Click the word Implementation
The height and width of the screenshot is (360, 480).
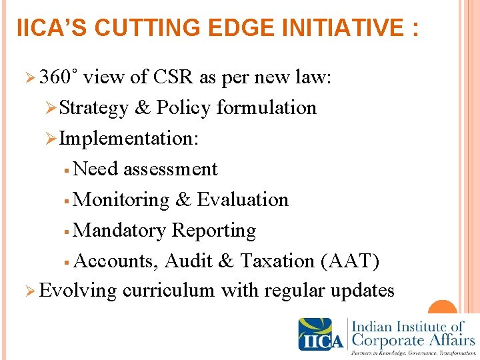click(128, 139)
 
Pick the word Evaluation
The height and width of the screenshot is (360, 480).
click(243, 200)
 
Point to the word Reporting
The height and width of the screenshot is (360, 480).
click(214, 231)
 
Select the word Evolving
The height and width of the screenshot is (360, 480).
click(78, 291)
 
